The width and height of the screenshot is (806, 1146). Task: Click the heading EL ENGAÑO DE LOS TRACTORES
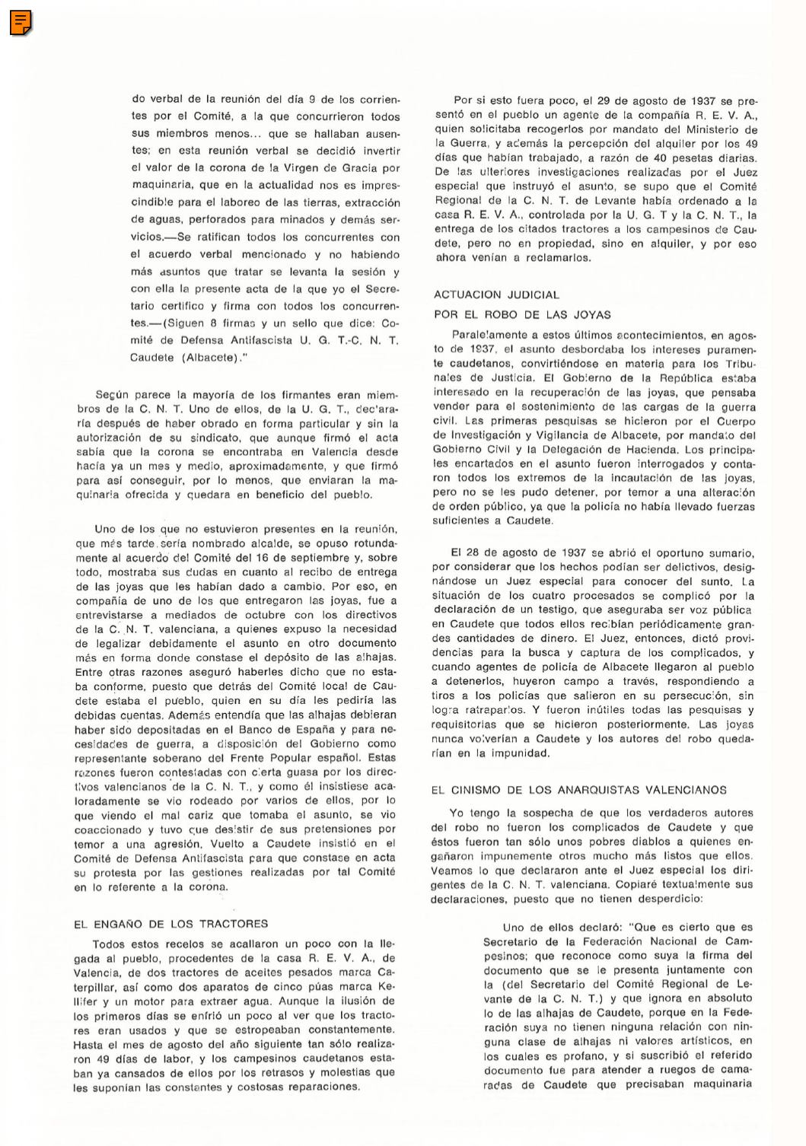[x=170, y=924]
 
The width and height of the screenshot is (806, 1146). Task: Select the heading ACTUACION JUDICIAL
[x=496, y=294]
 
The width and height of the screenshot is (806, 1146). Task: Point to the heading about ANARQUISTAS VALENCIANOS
[x=578, y=790]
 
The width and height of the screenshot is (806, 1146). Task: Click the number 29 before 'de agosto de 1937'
[x=604, y=100]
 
